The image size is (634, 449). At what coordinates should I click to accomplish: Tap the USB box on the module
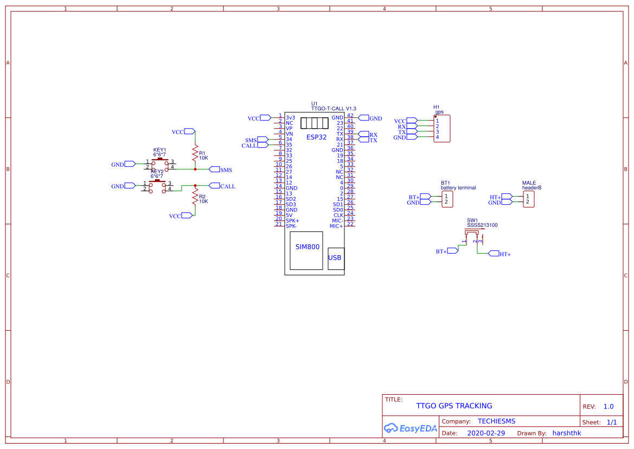pos(336,258)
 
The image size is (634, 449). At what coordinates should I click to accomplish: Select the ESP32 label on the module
pos(316,137)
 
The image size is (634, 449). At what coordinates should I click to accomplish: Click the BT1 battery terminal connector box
pos(447,199)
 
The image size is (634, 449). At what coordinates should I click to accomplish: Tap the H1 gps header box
pos(441,129)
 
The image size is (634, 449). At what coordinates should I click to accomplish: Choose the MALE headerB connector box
pos(528,199)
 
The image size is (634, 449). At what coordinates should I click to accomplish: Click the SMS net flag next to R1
pos(214,169)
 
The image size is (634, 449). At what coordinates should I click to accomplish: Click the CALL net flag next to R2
pos(214,186)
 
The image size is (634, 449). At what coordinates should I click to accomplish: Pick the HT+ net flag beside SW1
pos(494,254)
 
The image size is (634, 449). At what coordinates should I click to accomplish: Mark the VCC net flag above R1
pos(189,131)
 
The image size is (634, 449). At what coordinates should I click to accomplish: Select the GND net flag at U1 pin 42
pos(363,118)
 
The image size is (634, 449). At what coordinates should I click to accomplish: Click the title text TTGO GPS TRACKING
pos(454,406)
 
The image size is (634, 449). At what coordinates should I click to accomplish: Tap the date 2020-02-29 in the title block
pos(486,433)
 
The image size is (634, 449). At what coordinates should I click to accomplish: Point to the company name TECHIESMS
pos(496,421)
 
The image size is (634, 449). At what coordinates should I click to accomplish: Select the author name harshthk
pos(567,433)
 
